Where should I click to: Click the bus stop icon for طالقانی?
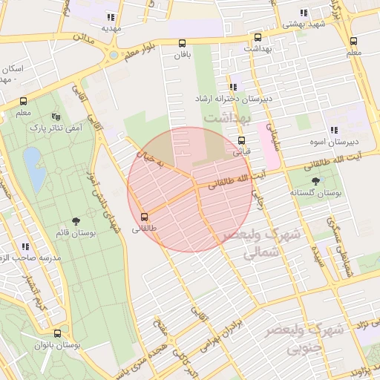pyautogui.click(x=144, y=217)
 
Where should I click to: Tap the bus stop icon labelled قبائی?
pyautogui.click(x=241, y=140)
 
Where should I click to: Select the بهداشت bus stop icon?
pyautogui.click(x=258, y=37)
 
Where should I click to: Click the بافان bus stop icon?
pyautogui.click(x=182, y=43)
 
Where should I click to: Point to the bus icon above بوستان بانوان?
pyautogui.click(x=58, y=333)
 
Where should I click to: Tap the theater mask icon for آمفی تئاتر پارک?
pyautogui.click(x=56, y=117)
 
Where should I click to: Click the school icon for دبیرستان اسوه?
pyautogui.click(x=333, y=130)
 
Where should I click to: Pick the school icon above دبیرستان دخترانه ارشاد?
pyautogui.click(x=233, y=88)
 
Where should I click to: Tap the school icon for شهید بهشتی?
pyautogui.click(x=303, y=13)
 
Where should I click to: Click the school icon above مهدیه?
pyautogui.click(x=111, y=17)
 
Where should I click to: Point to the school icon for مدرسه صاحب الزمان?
pyautogui.click(x=25, y=246)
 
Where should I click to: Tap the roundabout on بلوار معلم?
pyautogui.click(x=112, y=54)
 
